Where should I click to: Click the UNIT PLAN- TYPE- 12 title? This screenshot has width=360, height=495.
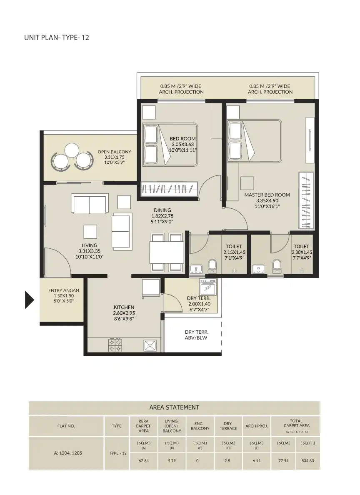pyautogui.click(x=57, y=37)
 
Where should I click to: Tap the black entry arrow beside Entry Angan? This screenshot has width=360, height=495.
pyautogui.click(x=29, y=300)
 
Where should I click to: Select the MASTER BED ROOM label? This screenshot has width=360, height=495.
pyautogui.click(x=267, y=195)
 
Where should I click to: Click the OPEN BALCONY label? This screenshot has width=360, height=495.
pyautogui.click(x=114, y=152)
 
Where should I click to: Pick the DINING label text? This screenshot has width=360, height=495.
pyautogui.click(x=162, y=210)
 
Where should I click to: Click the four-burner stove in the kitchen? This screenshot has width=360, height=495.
pyautogui.click(x=115, y=345)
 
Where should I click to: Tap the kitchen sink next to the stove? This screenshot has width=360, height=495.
pyautogui.click(x=150, y=345)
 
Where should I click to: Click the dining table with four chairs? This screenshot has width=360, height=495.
pyautogui.click(x=166, y=252)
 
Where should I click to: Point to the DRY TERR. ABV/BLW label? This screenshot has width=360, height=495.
pyautogui.click(x=196, y=335)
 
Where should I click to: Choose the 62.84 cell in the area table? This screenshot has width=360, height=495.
pyautogui.click(x=143, y=461)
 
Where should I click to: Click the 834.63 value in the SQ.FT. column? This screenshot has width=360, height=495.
pyautogui.click(x=308, y=461)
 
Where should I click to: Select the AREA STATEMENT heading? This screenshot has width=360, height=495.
pyautogui.click(x=174, y=407)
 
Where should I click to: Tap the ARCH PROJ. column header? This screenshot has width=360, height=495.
pyautogui.click(x=256, y=426)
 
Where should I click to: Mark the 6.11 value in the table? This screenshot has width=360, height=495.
pyautogui.click(x=256, y=461)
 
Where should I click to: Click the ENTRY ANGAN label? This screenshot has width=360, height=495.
pyautogui.click(x=63, y=290)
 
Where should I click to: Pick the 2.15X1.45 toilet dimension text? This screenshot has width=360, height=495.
pyautogui.click(x=234, y=252)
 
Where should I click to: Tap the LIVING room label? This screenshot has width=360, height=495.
pyautogui.click(x=89, y=245)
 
